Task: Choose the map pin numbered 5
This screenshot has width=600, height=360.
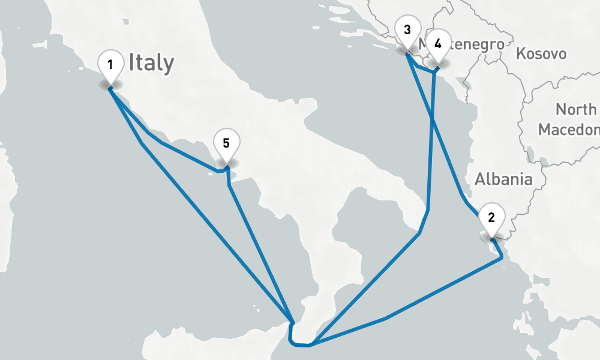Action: coord(226,145)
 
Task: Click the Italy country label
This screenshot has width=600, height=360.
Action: coord(151,63)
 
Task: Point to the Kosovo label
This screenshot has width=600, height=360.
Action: coord(541,54)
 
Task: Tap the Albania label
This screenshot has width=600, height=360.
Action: coord(503,179)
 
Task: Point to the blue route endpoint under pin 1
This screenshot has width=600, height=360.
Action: coord(110,88)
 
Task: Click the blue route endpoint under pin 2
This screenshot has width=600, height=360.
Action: coord(492,240)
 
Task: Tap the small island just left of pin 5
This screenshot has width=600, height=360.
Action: coord(211,173)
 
